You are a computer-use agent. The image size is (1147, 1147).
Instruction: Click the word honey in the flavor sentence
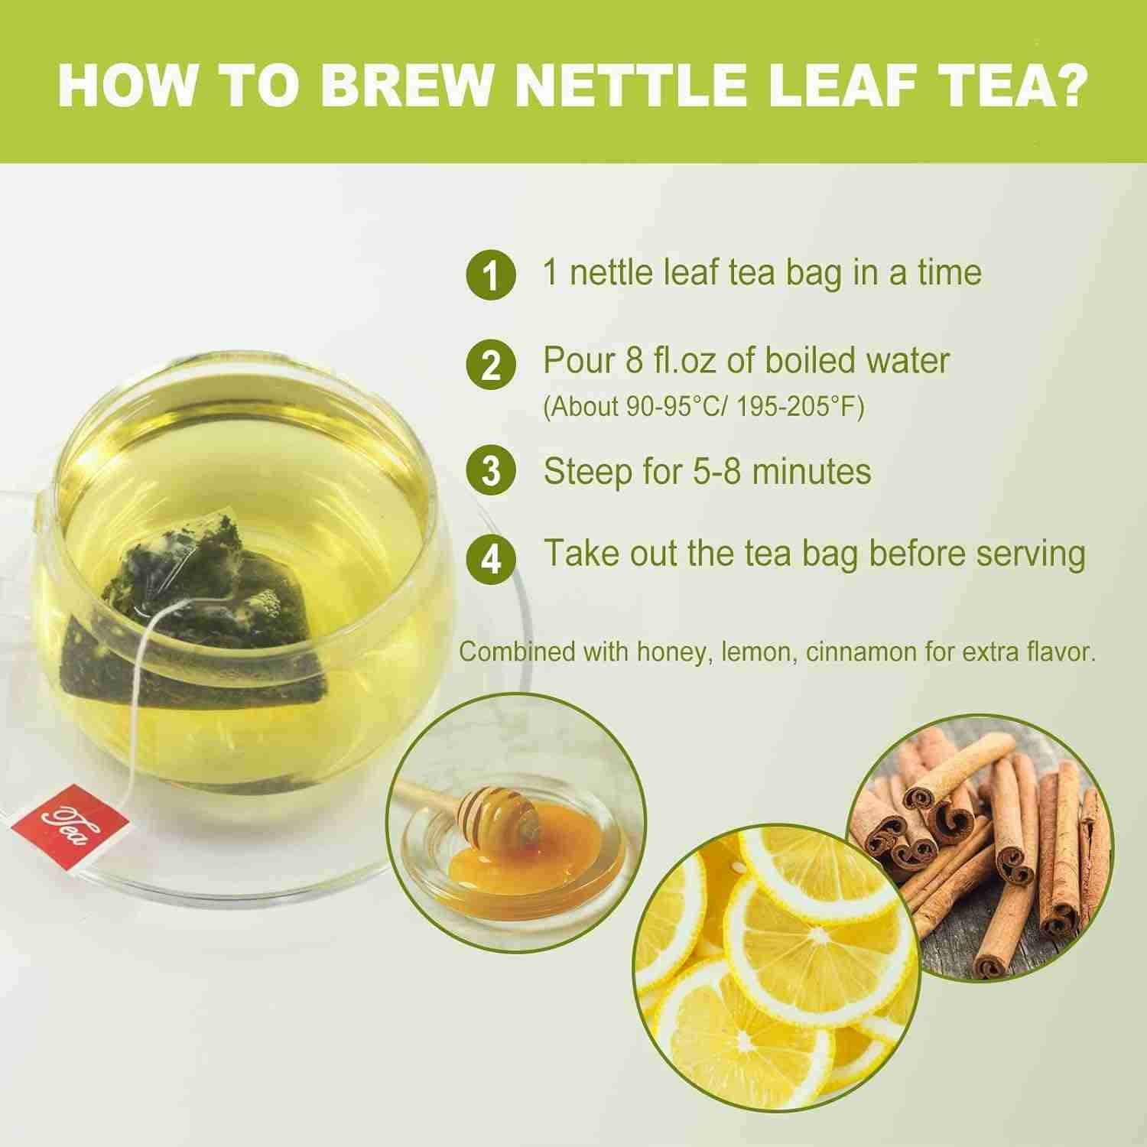pos(668,652)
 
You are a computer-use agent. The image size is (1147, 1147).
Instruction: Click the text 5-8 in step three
pos(713,471)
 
